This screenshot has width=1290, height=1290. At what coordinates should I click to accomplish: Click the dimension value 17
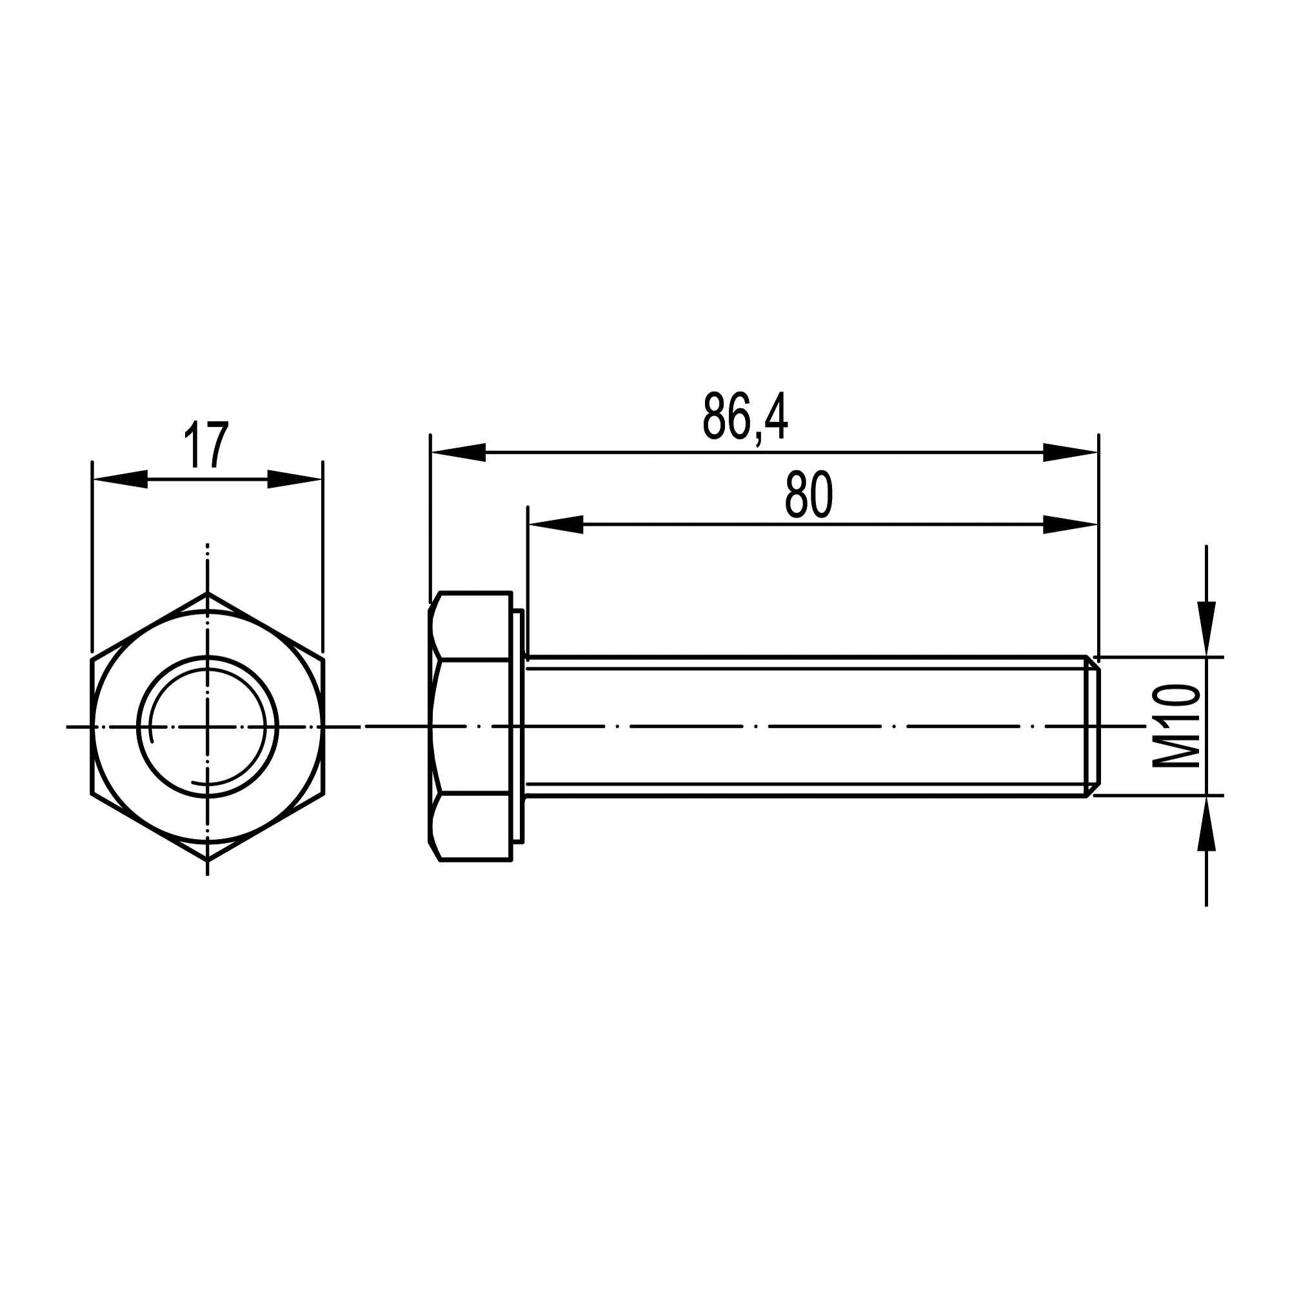(x=207, y=444)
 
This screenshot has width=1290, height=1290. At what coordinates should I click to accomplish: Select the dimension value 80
(x=809, y=495)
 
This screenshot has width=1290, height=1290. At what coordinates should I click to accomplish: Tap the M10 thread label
(x=1177, y=726)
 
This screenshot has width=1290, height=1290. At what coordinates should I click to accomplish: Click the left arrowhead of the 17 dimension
(x=120, y=479)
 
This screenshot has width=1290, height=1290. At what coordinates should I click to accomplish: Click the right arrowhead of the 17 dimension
(x=295, y=479)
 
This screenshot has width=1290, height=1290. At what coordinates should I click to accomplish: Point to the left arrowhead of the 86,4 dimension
(x=458, y=452)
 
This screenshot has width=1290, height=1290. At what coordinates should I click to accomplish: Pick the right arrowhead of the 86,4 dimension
(x=1070, y=452)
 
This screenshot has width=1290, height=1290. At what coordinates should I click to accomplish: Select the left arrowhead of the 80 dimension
(x=555, y=525)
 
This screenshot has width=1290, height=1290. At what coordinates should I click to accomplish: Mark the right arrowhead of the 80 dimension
(x=1070, y=525)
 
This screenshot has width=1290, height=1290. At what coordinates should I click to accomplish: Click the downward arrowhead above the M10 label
(x=1206, y=628)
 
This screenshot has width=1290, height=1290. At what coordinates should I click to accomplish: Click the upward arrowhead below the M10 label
(x=1206, y=826)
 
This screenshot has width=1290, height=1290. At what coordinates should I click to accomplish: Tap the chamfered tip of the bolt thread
(x=1093, y=726)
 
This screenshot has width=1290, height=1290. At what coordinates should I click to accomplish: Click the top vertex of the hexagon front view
(x=208, y=593)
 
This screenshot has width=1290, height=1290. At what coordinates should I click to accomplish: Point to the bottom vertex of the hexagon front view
(x=208, y=860)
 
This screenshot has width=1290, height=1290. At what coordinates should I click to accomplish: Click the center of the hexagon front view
(x=208, y=726)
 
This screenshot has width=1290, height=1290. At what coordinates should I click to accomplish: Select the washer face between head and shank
(x=518, y=726)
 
